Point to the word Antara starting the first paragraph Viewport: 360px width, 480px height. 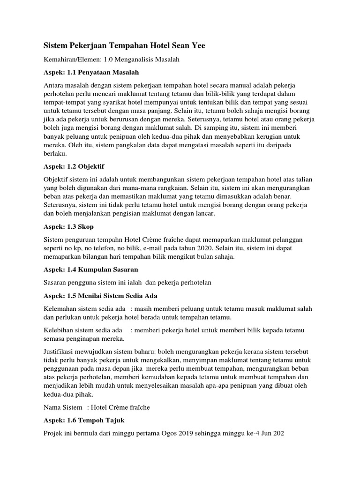54,84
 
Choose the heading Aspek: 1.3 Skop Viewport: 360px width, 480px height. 68,226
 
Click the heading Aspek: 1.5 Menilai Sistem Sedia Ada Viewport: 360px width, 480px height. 100,296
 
